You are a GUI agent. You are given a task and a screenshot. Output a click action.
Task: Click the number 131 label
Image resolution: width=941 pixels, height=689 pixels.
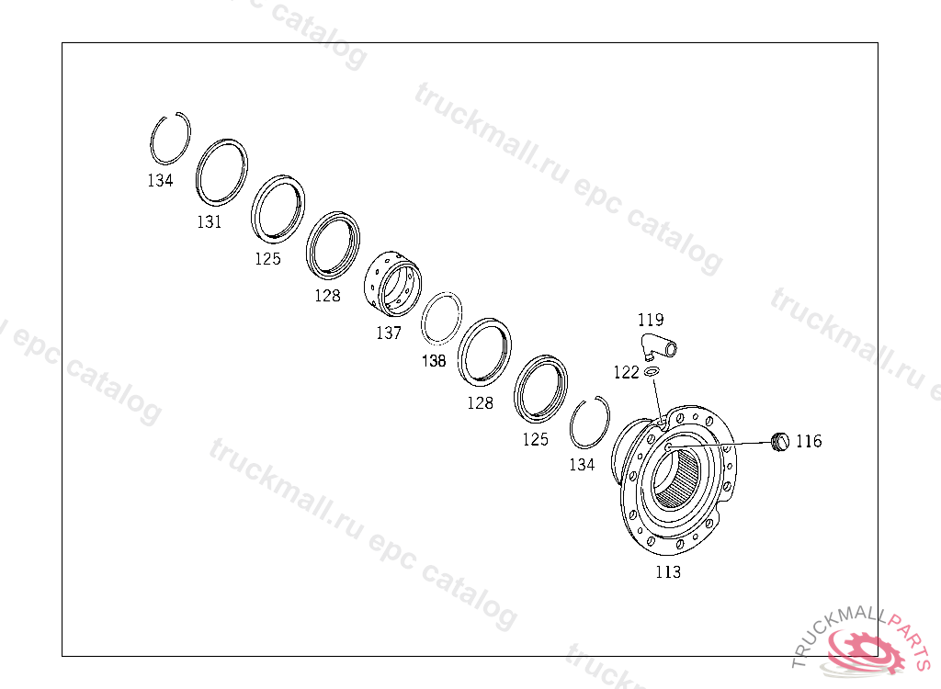pos(210,222)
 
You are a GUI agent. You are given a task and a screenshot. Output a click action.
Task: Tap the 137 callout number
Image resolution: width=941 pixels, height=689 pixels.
pos(389,333)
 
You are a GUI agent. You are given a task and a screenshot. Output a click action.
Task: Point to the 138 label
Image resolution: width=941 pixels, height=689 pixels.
pos(434,361)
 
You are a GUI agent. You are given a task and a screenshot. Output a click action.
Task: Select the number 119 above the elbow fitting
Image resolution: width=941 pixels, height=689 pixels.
pos(651,320)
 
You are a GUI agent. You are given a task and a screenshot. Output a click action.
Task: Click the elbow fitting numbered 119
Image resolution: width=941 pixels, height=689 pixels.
pos(659,346)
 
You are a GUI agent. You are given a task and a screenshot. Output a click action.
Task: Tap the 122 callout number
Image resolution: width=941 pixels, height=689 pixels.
pos(626,373)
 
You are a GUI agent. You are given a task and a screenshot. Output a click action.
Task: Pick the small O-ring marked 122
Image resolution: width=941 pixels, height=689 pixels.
pos(652,373)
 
